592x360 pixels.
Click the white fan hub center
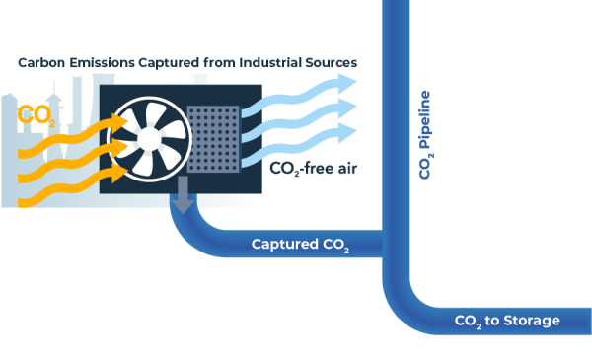coord(149,137)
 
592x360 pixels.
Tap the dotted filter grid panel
coord(214,138)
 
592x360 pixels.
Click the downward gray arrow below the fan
coord(182,201)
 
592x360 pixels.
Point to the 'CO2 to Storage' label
coord(506,321)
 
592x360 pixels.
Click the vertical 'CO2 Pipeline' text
coord(424,134)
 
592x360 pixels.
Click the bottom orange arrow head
coord(119,171)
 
